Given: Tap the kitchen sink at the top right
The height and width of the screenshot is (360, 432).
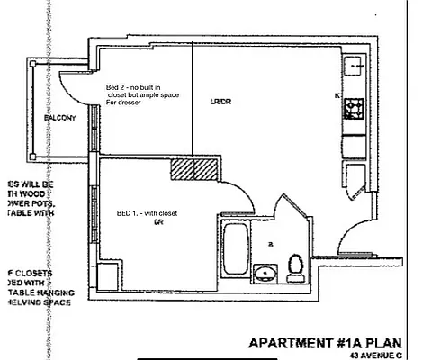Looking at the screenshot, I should [x=355, y=66].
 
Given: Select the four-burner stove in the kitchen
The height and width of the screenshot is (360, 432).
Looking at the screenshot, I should [x=354, y=110].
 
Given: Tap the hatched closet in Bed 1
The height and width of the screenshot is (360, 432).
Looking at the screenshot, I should [x=195, y=168].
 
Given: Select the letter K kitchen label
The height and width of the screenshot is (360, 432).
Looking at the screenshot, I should [x=337, y=94].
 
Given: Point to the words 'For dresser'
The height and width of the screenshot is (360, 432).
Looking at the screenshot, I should [x=127, y=103].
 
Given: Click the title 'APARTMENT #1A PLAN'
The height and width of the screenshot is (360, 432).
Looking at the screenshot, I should [x=323, y=343].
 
